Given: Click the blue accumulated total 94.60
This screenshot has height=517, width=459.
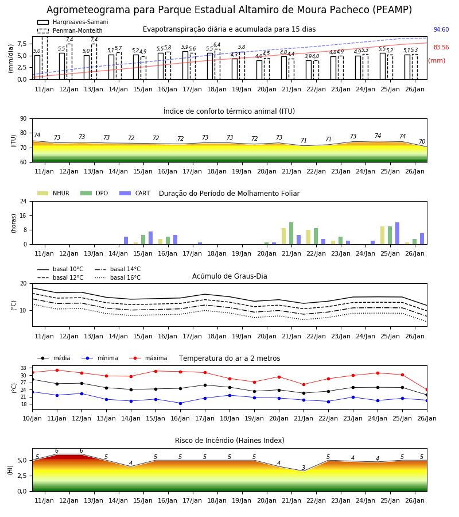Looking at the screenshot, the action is point(441,29).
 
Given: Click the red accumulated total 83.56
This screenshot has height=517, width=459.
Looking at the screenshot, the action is point(441,47).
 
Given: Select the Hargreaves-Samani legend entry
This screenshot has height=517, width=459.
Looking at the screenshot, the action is point(73,22).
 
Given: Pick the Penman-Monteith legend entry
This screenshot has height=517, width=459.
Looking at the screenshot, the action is point(70,30).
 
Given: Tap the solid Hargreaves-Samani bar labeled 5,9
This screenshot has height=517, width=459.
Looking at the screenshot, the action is point(185,65).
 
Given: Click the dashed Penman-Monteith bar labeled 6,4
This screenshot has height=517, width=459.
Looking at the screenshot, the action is point(217,64).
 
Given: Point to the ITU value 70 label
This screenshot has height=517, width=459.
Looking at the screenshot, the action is point(422,141).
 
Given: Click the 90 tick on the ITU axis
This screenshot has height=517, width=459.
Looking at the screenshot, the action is point(24,119).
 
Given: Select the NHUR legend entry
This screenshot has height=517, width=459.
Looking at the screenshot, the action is point(53,193).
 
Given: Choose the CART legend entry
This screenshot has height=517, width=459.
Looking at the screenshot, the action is point(135,193).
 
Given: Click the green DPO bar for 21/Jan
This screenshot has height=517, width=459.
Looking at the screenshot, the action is point(291,233).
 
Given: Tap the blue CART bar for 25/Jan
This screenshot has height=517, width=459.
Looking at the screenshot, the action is point(398,233).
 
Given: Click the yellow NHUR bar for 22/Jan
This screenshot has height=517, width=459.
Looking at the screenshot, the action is point(309,237).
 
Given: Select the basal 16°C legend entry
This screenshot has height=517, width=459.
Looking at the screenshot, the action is point(118,277).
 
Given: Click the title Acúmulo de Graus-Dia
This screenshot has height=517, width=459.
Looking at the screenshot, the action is point(229,276).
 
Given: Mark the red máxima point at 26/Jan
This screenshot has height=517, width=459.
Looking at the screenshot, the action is point(427,389).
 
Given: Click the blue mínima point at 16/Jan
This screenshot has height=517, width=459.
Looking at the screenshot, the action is point(180,403).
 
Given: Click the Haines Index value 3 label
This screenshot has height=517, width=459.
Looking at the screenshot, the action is point(304,468).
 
